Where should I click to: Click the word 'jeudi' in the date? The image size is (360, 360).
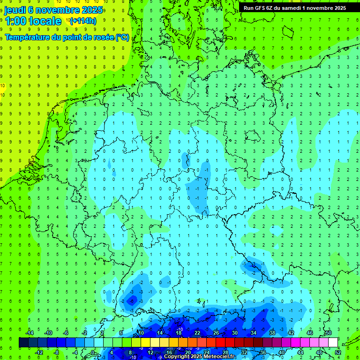click(x=15, y=10)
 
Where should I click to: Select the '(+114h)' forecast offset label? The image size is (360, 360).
click(x=83, y=21)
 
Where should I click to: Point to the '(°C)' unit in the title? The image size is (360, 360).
click(x=122, y=37)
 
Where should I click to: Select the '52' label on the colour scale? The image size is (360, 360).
click(x=337, y=352)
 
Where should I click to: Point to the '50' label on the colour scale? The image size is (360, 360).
click(x=328, y=333)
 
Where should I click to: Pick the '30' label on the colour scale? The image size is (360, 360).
click(x=235, y=333)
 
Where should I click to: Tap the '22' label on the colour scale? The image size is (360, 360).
click(x=197, y=333)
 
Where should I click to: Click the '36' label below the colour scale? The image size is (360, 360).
click(x=263, y=352)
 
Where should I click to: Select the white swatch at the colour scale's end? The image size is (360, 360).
click(x=333, y=343)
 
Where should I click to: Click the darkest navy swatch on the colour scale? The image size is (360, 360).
click(x=23, y=343)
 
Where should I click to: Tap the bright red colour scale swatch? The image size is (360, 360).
click(x=220, y=343)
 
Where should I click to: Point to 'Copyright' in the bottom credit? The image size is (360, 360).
click(x=177, y=357)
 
